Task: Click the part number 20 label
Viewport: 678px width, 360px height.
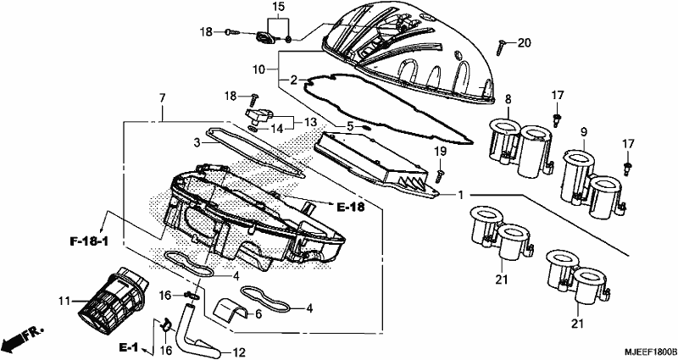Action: click(524, 43)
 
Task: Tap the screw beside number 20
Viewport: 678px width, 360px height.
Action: click(501, 47)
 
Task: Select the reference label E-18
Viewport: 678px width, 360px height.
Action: click(350, 208)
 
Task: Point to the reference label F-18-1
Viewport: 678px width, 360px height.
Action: click(89, 241)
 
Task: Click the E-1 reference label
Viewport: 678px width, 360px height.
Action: click(129, 346)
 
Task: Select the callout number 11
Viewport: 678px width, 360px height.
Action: click(64, 301)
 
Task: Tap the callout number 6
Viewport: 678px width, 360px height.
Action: click(258, 313)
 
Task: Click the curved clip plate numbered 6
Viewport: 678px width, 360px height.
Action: click(231, 308)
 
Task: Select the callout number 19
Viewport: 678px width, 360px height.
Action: click(440, 152)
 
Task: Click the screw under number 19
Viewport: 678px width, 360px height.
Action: click(440, 174)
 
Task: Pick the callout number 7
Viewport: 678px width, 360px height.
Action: click(162, 98)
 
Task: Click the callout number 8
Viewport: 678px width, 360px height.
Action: click(508, 99)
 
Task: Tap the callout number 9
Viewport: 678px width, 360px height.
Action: click(584, 132)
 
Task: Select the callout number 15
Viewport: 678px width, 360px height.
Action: click(279, 7)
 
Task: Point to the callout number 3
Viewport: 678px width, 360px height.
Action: click(197, 141)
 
